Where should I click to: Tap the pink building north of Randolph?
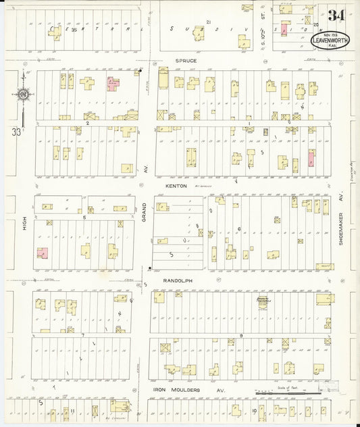pyautogui.click(x=43, y=253)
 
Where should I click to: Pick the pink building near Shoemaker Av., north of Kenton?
pyautogui.click(x=311, y=160)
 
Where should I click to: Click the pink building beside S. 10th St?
pyautogui.click(x=284, y=30)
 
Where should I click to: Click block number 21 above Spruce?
pyautogui.click(x=209, y=22)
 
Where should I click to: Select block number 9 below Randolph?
pyautogui.click(x=240, y=336)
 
